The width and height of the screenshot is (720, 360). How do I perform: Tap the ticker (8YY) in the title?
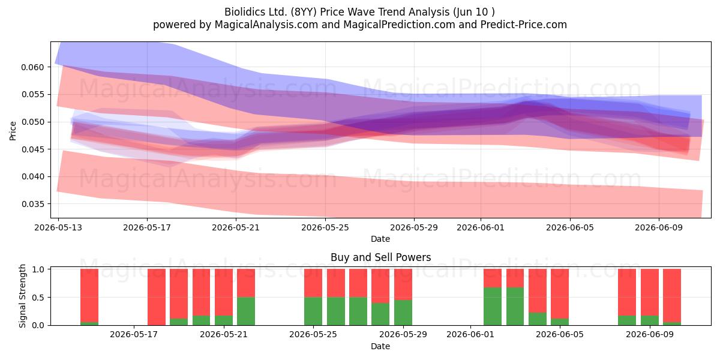click(x=304, y=12)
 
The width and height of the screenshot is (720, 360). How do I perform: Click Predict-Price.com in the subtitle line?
click(x=524, y=25)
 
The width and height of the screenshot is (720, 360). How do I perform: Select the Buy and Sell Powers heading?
click(x=380, y=257)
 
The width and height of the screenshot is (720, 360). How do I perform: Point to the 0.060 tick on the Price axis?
click(x=32, y=67)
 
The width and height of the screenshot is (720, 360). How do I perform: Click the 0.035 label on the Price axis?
click(x=32, y=204)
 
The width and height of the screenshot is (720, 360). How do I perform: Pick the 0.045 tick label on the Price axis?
click(x=32, y=149)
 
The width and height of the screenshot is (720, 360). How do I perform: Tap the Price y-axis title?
click(x=13, y=131)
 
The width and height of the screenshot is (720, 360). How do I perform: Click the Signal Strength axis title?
click(x=22, y=296)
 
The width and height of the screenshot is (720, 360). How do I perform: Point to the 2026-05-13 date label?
click(x=58, y=227)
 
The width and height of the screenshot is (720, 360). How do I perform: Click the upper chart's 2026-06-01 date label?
click(x=481, y=227)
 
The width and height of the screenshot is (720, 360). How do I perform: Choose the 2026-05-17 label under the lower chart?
click(x=134, y=335)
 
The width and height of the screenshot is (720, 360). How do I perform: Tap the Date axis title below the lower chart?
click(x=380, y=347)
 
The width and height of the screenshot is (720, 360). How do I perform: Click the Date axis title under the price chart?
click(x=380, y=239)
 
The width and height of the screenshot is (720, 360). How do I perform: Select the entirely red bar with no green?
click(x=157, y=297)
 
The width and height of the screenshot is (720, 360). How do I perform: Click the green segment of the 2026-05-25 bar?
click(x=313, y=311)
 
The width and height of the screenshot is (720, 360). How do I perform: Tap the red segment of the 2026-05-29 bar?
click(x=403, y=284)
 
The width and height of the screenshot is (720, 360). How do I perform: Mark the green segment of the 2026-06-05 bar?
click(x=560, y=322)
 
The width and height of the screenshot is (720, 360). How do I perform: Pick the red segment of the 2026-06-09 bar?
click(x=650, y=293)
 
